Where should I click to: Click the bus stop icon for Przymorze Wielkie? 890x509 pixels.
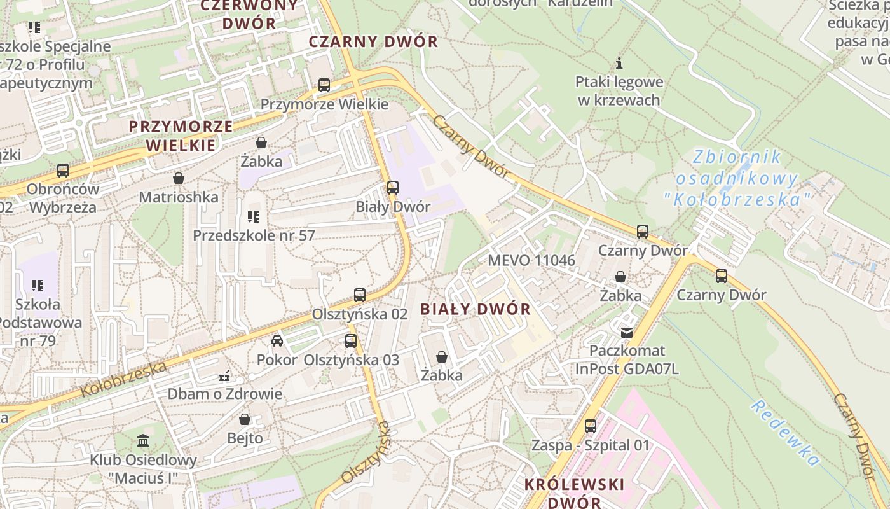(x=324, y=85)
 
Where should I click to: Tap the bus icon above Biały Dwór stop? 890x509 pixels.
(x=393, y=188)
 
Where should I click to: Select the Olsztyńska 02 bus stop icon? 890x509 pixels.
(x=360, y=295)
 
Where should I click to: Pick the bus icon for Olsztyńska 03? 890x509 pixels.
(x=351, y=341)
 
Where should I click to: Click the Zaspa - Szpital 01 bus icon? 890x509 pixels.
(x=591, y=426)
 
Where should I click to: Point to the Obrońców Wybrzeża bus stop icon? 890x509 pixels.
(x=62, y=171)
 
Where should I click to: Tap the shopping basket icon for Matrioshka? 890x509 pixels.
(x=179, y=178)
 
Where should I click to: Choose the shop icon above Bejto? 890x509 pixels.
(x=245, y=419)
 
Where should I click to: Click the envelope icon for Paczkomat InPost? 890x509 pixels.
(x=627, y=332)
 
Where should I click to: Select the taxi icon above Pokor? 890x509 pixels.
(x=277, y=341)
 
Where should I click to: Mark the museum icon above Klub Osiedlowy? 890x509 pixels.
(x=143, y=440)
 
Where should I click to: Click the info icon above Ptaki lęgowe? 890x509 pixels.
(x=619, y=63)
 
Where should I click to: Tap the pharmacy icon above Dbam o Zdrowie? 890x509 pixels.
(x=224, y=375)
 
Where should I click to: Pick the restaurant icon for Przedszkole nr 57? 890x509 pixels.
(x=254, y=217)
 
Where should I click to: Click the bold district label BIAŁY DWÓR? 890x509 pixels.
(x=476, y=309)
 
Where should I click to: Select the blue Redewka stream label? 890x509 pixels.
(x=784, y=433)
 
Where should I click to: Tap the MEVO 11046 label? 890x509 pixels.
(x=531, y=260)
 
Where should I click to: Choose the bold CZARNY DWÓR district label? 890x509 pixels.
(x=373, y=42)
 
